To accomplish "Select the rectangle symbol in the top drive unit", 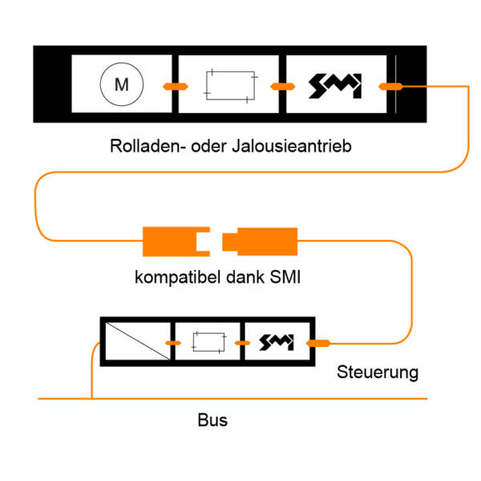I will [231, 84].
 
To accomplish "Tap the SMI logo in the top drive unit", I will [335, 85].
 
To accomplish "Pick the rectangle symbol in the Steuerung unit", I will [208, 343].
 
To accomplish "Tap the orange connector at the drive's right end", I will [389, 86].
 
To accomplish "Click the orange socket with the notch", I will [175, 239].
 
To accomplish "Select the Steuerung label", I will [378, 373].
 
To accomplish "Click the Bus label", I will [212, 420].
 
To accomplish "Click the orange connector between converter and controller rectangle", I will [170, 343].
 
